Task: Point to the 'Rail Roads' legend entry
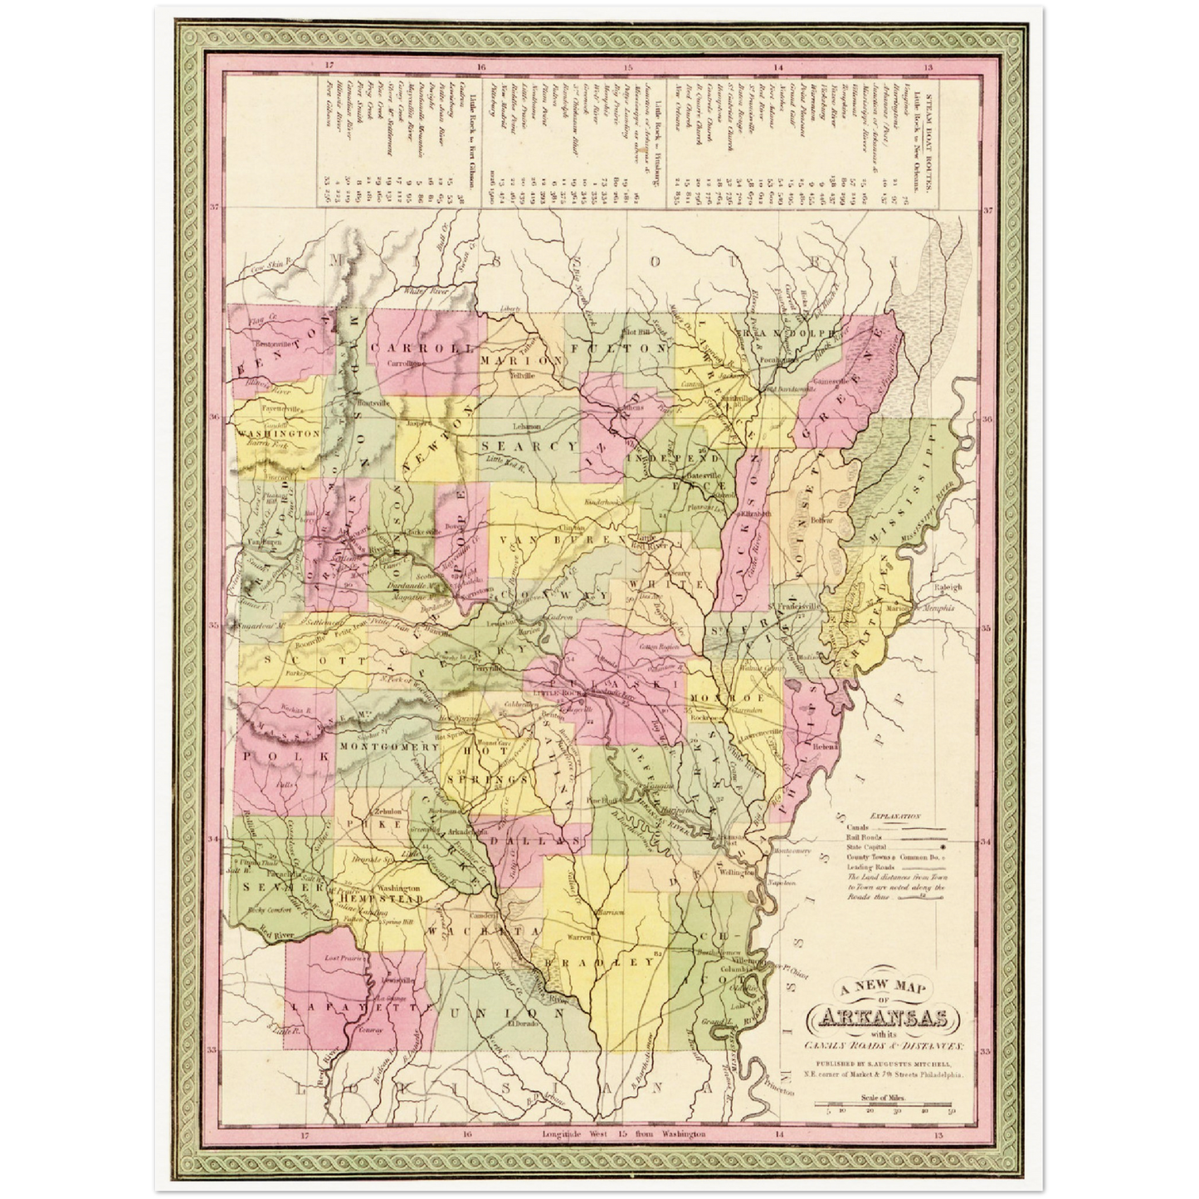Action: coord(861,838)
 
